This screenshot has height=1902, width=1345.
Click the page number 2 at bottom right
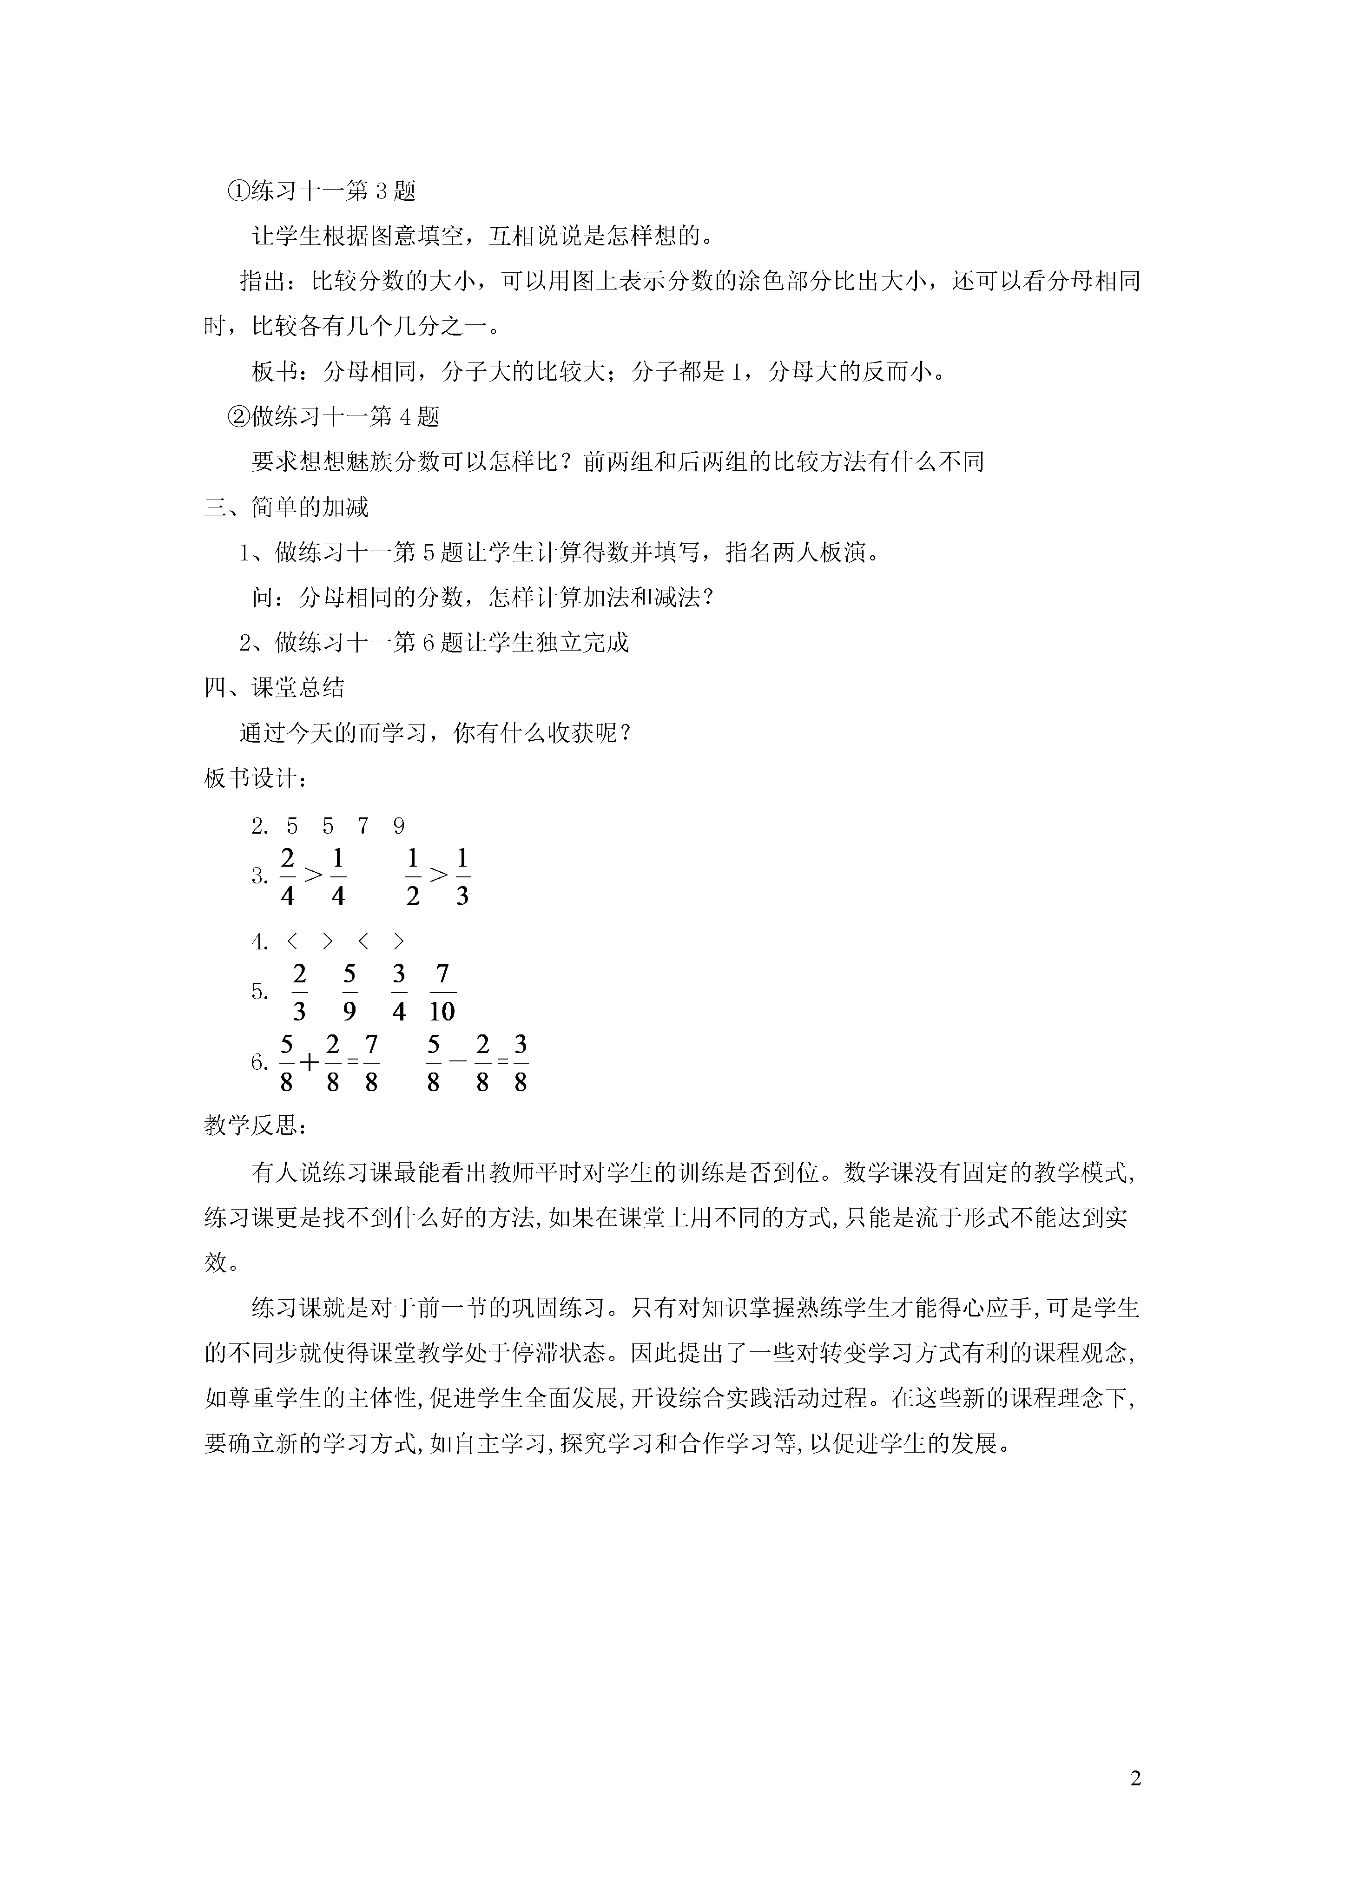click(1135, 1778)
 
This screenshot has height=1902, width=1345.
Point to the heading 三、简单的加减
click(286, 507)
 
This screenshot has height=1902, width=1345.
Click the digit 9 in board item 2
click(399, 826)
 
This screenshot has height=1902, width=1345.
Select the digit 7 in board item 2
click(363, 826)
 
